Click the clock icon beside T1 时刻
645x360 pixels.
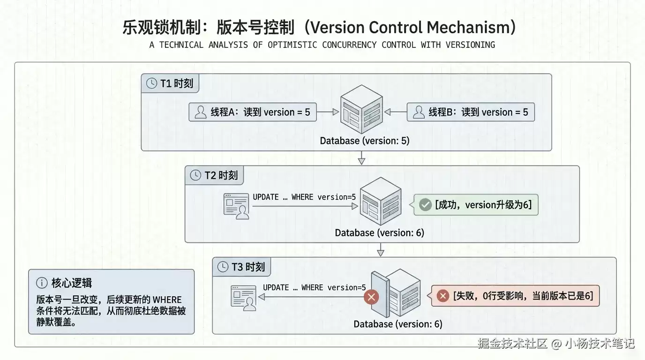coord(151,83)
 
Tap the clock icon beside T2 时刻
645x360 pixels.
coord(195,175)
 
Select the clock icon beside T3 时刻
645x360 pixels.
coord(223,267)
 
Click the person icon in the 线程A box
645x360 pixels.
coord(201,112)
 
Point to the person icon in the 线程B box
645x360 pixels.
coord(419,112)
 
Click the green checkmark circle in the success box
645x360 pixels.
coord(425,205)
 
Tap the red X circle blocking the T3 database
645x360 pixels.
coord(371,297)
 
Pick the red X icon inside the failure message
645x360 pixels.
coord(443,296)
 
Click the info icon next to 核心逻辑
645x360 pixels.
coord(42,283)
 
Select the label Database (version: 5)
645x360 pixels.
coord(365,141)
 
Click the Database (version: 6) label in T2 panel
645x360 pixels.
coord(380,232)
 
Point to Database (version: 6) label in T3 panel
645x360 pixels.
coord(398,324)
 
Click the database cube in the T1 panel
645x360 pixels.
coord(362,109)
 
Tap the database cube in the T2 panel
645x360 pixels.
coord(381,201)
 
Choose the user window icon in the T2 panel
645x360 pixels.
coord(236,206)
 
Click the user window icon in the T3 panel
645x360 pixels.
coord(244,298)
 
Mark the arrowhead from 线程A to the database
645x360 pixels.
coord(336,112)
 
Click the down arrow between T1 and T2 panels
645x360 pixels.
coord(362,158)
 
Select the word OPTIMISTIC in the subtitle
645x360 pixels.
coord(292,45)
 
